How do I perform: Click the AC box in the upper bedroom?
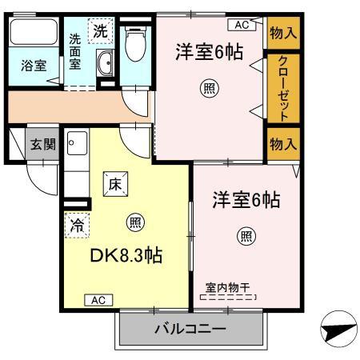(x=242, y=25)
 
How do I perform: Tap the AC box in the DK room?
(x=96, y=299)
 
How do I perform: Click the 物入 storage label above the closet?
(x=282, y=33)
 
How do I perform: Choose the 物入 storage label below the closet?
(x=282, y=144)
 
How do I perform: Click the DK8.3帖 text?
(x=126, y=256)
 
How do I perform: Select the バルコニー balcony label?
(x=190, y=329)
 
